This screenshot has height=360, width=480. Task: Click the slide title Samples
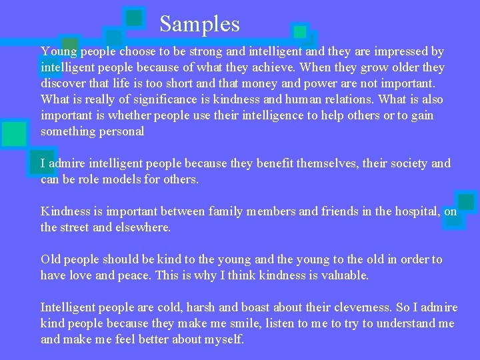coord(199,25)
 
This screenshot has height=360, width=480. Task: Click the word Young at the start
coord(57,51)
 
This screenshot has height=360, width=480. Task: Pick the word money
coord(263,83)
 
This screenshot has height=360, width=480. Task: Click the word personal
coord(121,131)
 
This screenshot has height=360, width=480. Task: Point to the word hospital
coord(414,211)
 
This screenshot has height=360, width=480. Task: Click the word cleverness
coord(361,307)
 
